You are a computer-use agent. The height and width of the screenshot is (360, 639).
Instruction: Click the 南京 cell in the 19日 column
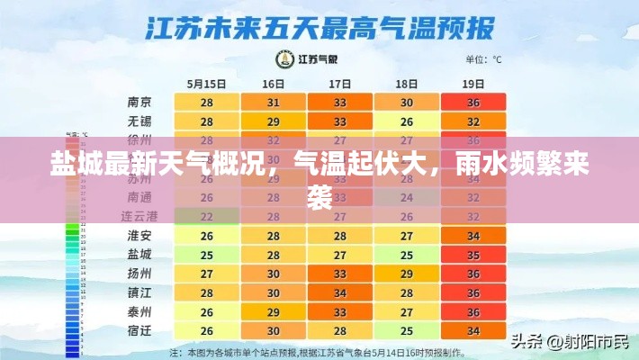(x=473, y=103)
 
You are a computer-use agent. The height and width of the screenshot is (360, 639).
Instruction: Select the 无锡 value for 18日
(x=407, y=121)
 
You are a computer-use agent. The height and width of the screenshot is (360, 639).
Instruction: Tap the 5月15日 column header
(x=207, y=83)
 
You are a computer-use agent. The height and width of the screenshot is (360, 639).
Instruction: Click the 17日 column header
(x=340, y=83)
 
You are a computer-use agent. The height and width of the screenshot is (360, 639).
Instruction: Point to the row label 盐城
(x=139, y=255)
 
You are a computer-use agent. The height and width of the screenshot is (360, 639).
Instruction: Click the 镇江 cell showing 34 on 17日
(x=340, y=292)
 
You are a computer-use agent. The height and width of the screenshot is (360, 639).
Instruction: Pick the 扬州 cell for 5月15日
(x=207, y=274)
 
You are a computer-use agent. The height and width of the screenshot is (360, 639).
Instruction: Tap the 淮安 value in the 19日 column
(x=473, y=236)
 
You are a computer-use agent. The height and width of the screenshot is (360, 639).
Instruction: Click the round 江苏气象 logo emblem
(x=284, y=59)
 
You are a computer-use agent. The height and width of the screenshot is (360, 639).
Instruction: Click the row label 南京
(x=139, y=103)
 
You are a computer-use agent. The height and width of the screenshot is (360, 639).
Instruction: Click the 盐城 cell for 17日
(x=340, y=255)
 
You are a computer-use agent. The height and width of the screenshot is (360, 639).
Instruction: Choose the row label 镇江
(x=139, y=292)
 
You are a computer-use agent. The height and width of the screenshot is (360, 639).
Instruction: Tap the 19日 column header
(x=473, y=83)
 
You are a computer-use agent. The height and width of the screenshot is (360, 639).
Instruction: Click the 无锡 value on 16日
(x=274, y=121)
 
